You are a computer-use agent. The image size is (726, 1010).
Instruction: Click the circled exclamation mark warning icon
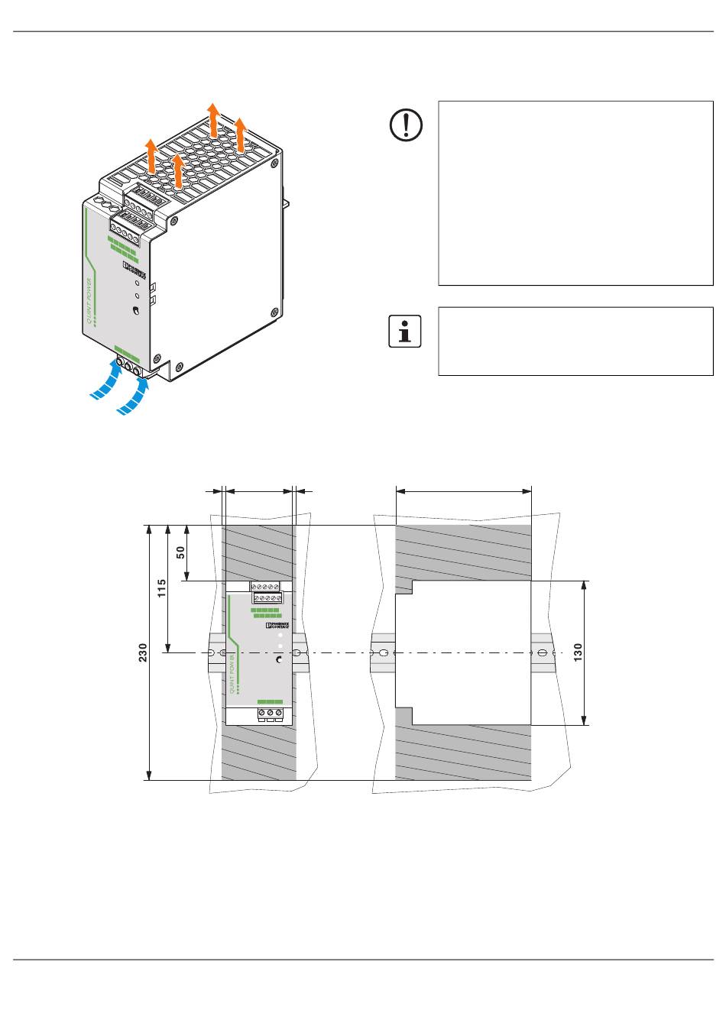coord(406,125)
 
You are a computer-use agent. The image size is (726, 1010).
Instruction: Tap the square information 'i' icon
coord(405,332)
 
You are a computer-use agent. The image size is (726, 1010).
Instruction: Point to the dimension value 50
coord(181,552)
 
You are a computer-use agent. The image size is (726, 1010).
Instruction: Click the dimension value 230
coord(143,652)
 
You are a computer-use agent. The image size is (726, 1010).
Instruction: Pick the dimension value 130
coord(579,652)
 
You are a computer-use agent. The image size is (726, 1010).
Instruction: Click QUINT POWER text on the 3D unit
coord(90,302)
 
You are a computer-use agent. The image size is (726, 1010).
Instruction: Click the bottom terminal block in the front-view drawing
coord(270,715)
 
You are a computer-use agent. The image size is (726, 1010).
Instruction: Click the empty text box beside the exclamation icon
coord(575,193)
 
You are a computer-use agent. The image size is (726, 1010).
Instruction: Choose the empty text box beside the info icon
coord(575,342)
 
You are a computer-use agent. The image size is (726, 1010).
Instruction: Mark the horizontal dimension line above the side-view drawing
coord(463,492)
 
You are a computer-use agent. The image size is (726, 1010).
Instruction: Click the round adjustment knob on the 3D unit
coord(135,311)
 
